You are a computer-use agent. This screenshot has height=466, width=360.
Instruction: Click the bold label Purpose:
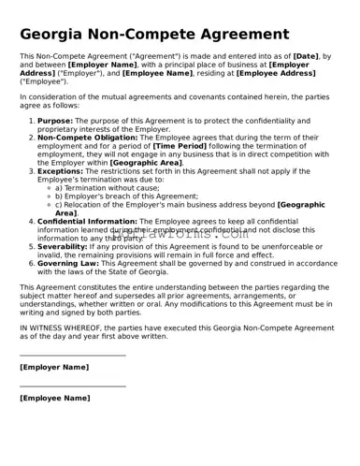55,121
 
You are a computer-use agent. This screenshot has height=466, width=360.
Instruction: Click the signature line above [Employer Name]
72,356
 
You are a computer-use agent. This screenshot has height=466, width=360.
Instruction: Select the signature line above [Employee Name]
72,386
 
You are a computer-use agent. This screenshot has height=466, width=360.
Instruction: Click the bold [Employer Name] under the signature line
54,368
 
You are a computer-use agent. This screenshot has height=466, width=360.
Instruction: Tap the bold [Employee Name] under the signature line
55,399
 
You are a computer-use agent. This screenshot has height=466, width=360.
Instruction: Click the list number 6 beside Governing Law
31,263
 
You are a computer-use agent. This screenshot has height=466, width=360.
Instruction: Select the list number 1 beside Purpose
31,121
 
